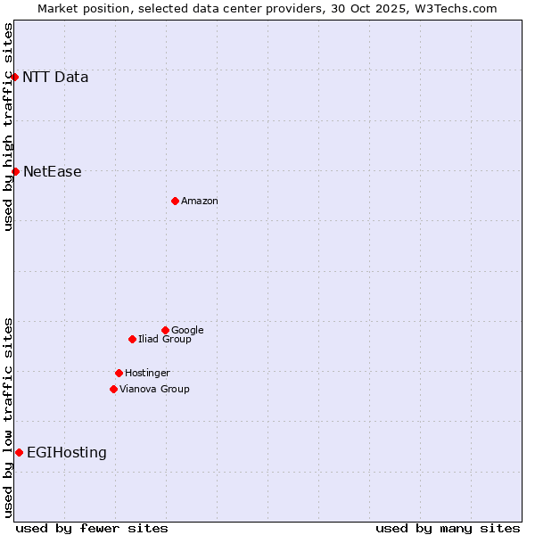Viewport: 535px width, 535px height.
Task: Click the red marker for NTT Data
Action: pos(15,77)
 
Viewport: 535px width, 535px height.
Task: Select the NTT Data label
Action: pos(55,77)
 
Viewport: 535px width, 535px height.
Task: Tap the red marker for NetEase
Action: pos(15,171)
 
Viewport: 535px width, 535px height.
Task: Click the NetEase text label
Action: pos(52,172)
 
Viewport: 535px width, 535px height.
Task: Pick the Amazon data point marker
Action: pos(175,201)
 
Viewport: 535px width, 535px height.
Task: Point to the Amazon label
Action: pos(200,202)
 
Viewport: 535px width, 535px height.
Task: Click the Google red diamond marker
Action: pos(165,330)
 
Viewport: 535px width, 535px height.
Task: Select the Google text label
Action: pos(187,331)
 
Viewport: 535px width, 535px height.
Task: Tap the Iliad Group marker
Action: pos(132,339)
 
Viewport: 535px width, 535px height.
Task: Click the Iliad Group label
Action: pos(165,340)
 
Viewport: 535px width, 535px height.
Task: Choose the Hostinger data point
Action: pos(119,373)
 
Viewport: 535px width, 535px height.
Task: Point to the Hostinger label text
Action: pos(147,374)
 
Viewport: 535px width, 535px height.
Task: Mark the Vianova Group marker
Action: pos(113,389)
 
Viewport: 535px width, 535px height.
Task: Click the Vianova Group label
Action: pos(154,390)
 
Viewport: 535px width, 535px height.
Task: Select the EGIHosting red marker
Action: pos(19,452)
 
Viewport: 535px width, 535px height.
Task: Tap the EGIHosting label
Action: pos(67,453)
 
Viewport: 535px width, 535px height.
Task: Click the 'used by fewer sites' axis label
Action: pos(92,528)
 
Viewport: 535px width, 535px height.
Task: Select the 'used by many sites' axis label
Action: pos(448,528)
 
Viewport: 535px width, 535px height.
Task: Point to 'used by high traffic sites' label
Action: pos(8,127)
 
